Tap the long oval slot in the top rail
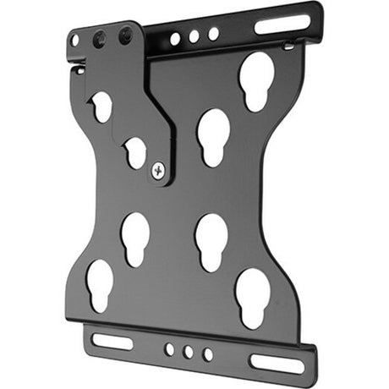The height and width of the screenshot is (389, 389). pyautogui.click(x=282, y=23)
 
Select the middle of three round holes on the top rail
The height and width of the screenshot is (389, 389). pyautogui.click(x=194, y=36)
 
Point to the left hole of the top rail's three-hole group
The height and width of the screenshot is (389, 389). pyautogui.click(x=175, y=39)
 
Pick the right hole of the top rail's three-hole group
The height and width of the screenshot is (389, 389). pyautogui.click(x=213, y=34)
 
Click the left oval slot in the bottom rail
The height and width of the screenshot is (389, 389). pyautogui.click(x=112, y=341)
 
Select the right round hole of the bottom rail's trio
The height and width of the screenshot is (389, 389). pyautogui.click(x=208, y=353)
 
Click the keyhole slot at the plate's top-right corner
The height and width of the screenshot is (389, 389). pyautogui.click(x=257, y=79)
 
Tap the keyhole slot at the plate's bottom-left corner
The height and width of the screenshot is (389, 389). pyautogui.click(x=100, y=284)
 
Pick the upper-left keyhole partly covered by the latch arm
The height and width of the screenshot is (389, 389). pyautogui.click(x=101, y=106)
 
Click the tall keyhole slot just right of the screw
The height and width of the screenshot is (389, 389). pyautogui.click(x=212, y=135)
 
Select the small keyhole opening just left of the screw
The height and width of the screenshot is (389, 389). pyautogui.click(x=134, y=152)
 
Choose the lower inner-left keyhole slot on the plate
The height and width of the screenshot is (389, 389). pyautogui.click(x=134, y=238)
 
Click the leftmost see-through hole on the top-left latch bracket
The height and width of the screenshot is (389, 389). pyautogui.click(x=75, y=40)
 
